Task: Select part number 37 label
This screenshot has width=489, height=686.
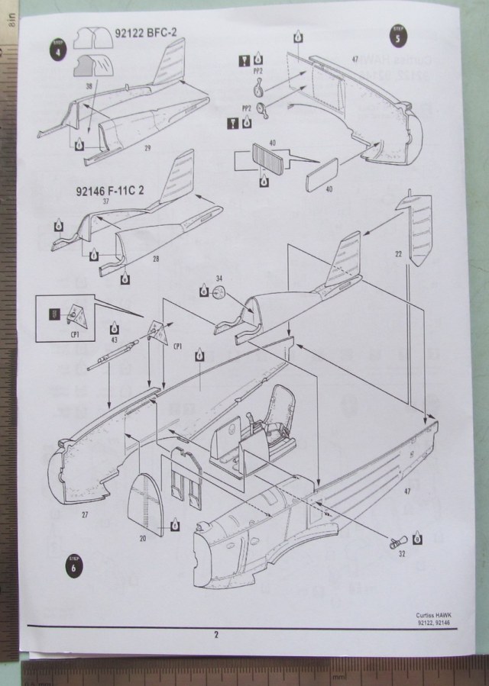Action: [106, 202]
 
